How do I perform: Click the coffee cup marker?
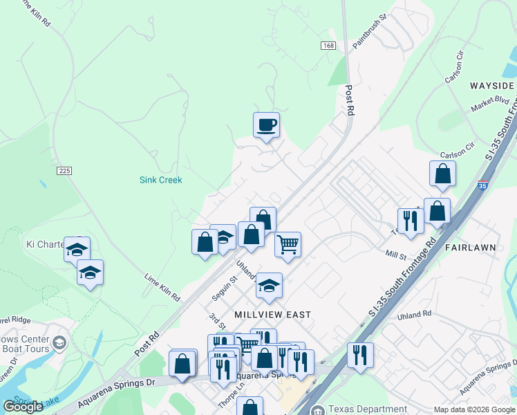click(266, 125)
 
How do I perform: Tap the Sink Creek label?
click(160, 180)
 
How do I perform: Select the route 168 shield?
click(328, 46)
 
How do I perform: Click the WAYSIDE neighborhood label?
click(491, 86)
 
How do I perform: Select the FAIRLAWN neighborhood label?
click(471, 247)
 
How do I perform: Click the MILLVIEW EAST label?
click(272, 314)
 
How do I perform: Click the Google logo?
click(23, 407)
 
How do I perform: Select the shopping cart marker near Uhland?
click(288, 244)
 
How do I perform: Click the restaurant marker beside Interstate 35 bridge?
click(360, 355)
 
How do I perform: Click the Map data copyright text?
click(474, 409)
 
